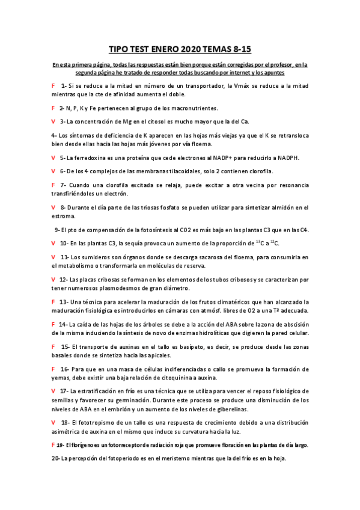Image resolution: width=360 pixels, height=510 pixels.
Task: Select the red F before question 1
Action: (54, 85)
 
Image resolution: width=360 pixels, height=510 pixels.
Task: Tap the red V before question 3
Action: (54, 121)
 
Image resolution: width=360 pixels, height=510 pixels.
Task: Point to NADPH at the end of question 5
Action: (286, 158)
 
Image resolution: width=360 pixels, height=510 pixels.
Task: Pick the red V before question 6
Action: (54, 171)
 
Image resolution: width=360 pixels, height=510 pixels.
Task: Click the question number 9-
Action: (57, 230)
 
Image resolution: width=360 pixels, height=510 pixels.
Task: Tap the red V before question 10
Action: (54, 243)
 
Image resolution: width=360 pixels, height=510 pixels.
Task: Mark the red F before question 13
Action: (54, 301)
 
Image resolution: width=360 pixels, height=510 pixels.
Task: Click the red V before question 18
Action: (54, 422)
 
